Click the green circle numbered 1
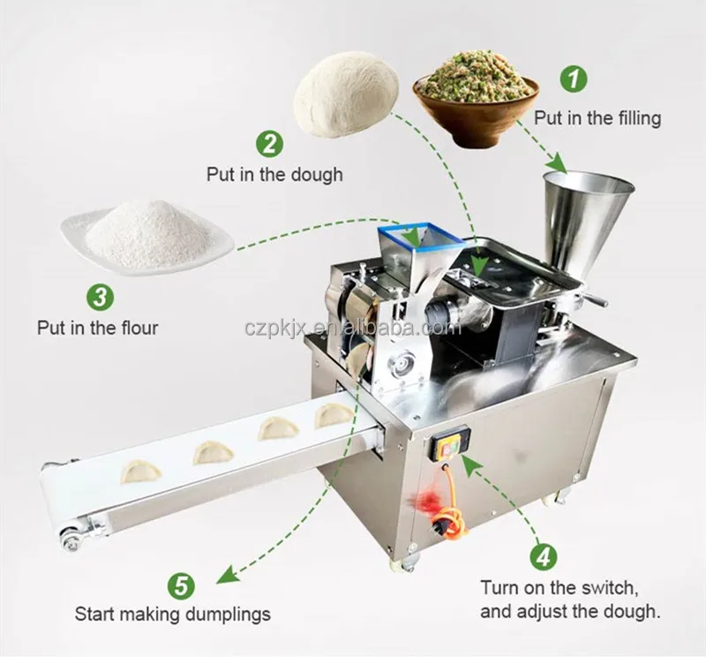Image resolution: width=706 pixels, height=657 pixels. pyautogui.click(x=574, y=79)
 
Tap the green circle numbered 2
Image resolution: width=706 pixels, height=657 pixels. pyautogui.click(x=269, y=143)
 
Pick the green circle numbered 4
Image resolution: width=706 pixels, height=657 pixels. pyautogui.click(x=543, y=556)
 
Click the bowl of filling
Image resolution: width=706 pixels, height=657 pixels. pyautogui.click(x=477, y=95)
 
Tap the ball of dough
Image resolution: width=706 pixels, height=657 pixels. pyautogui.click(x=346, y=94)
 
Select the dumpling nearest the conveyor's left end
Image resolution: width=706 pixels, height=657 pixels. pyautogui.click(x=141, y=470)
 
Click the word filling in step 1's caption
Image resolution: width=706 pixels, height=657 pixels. pyautogui.click(x=628, y=117)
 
